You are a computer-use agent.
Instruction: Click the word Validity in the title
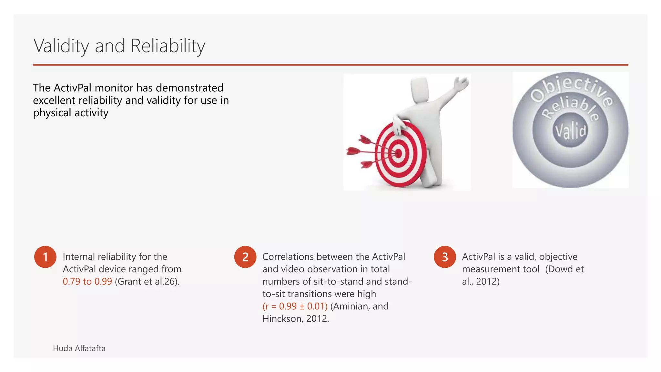61,46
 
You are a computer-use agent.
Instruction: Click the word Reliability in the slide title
168,46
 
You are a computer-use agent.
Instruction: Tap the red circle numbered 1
45,257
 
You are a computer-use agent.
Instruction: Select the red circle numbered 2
245,257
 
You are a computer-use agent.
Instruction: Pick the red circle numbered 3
445,257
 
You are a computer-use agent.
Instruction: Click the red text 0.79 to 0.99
87,282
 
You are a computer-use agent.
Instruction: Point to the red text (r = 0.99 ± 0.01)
295,306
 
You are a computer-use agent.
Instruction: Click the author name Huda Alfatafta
79,348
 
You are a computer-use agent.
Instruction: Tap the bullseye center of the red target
399,154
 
